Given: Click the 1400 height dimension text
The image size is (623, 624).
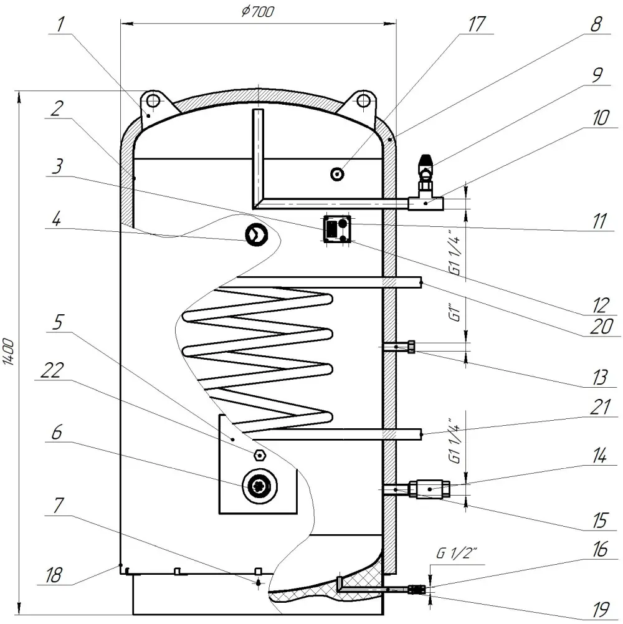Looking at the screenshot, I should pyautogui.click(x=9, y=353).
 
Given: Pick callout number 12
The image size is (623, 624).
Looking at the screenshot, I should pyautogui.click(x=600, y=304).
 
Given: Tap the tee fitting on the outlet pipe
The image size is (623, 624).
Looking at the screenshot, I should pyautogui.click(x=426, y=202).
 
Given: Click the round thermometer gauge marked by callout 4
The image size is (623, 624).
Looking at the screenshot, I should pyautogui.click(x=256, y=234).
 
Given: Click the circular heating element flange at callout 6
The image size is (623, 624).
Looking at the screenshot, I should pyautogui.click(x=258, y=486).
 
